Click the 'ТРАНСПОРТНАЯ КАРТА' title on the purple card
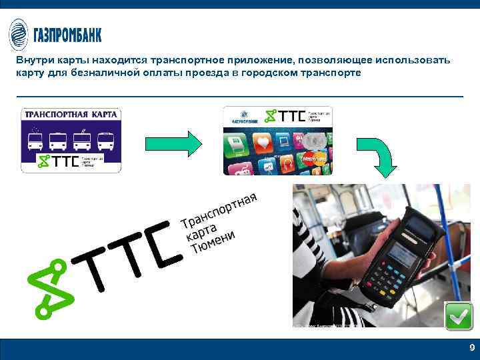pos(71,115)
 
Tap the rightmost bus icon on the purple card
pos(105,141)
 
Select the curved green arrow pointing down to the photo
pos(379,155)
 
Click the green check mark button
pos(459,316)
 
